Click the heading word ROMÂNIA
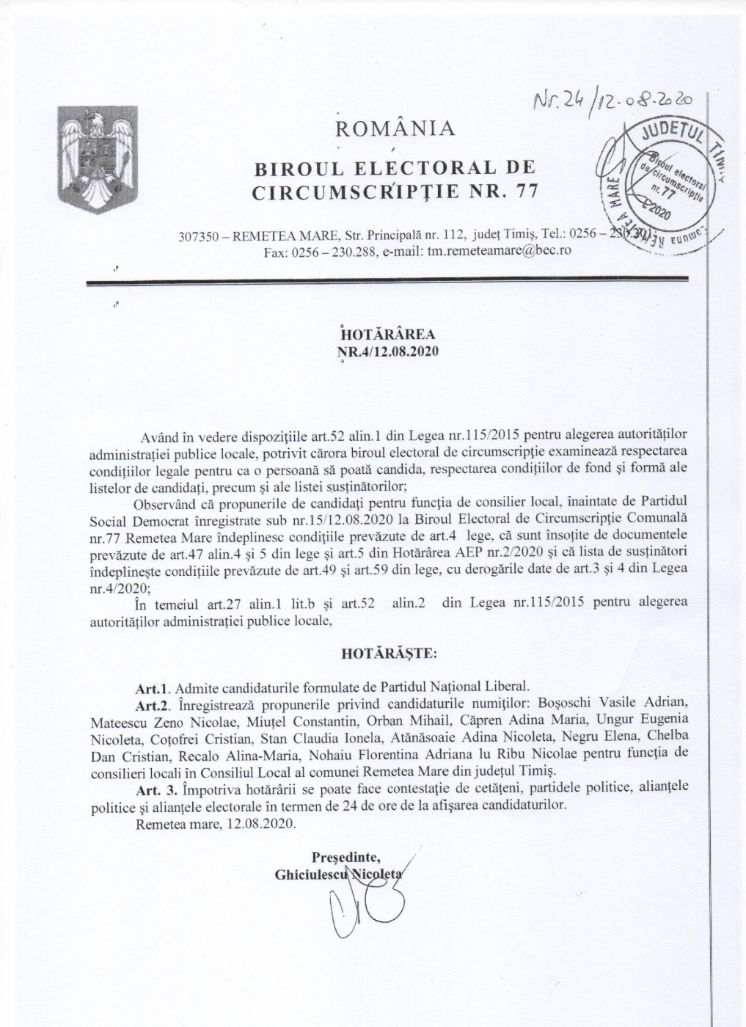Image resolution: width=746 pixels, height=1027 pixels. pyautogui.click(x=395, y=129)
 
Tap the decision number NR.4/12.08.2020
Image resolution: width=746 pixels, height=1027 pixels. pyautogui.click(x=387, y=351)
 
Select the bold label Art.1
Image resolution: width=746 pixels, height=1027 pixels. pyautogui.click(x=153, y=687)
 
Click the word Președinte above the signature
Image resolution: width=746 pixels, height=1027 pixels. pyautogui.click(x=345, y=856)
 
